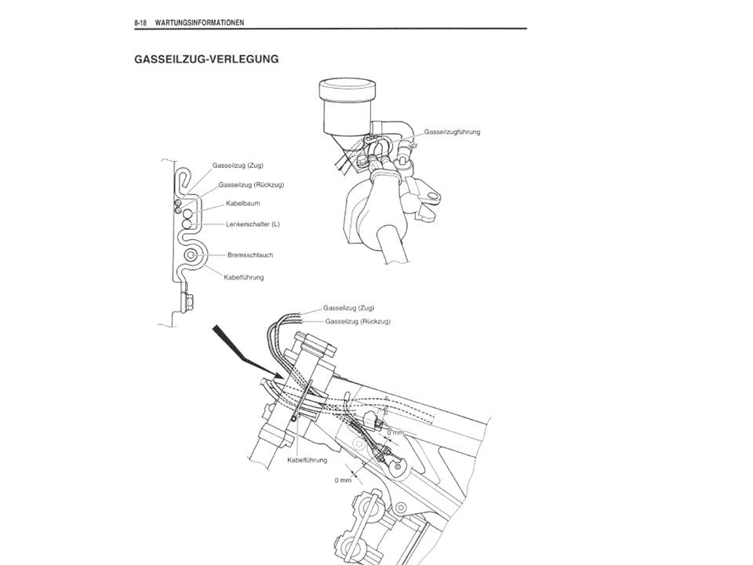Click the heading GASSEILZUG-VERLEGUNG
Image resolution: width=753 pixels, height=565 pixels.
pyautogui.click(x=206, y=59)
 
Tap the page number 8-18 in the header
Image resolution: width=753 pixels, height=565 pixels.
pyautogui.click(x=140, y=23)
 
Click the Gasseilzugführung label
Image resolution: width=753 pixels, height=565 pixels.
pyautogui.click(x=452, y=132)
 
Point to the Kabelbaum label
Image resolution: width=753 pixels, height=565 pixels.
pyautogui.click(x=243, y=203)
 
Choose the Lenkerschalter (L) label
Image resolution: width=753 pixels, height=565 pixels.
pyautogui.click(x=253, y=224)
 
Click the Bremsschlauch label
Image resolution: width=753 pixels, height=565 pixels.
pyautogui.click(x=250, y=255)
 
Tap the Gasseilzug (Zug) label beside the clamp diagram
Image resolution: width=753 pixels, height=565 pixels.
pyautogui.click(x=238, y=166)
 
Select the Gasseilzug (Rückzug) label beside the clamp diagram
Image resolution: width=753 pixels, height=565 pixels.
pyautogui.click(x=251, y=184)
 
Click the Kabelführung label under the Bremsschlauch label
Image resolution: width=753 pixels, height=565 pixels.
pyautogui.click(x=244, y=277)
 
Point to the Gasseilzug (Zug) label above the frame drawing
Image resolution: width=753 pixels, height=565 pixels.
pyautogui.click(x=348, y=308)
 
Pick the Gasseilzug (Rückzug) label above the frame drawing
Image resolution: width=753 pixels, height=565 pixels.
pyautogui.click(x=358, y=322)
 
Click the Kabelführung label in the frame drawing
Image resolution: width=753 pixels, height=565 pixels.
pyautogui.click(x=307, y=461)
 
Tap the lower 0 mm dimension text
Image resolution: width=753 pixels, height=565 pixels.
pyautogui.click(x=343, y=480)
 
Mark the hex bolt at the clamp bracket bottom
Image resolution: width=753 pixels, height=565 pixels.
pyautogui.click(x=187, y=302)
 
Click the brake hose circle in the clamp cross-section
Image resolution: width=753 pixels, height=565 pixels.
pyautogui.click(x=191, y=255)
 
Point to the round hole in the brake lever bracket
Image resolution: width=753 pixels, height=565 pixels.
pyautogui.click(x=432, y=196)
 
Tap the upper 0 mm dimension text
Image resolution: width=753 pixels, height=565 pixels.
pyautogui.click(x=395, y=433)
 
